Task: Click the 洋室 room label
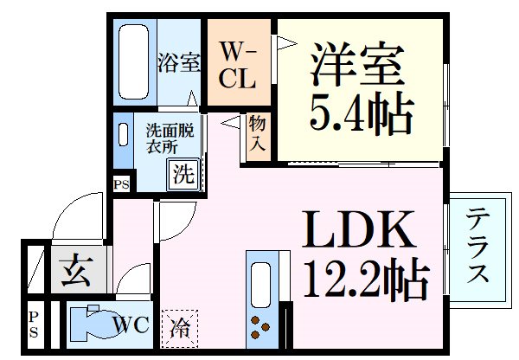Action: coord(357,63)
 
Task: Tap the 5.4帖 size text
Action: coord(362,113)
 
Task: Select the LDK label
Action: coord(358,230)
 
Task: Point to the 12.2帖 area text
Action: coord(367,278)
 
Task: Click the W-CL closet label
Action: coord(237,65)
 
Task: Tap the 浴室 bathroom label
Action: coord(179,62)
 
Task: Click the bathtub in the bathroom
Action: coord(134,61)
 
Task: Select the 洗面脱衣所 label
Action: coord(170,138)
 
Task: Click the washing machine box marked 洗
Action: coord(183,175)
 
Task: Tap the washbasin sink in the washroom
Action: coord(123,134)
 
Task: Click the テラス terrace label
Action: coord(477,245)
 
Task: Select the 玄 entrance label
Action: coord(76,270)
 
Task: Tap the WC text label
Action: coord(131,325)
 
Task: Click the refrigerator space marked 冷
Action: coord(179,329)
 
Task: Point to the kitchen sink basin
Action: coord(261,286)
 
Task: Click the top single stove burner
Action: coord(255,320)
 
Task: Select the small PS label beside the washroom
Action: coord(121,184)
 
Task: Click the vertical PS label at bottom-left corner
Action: coord(34,325)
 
